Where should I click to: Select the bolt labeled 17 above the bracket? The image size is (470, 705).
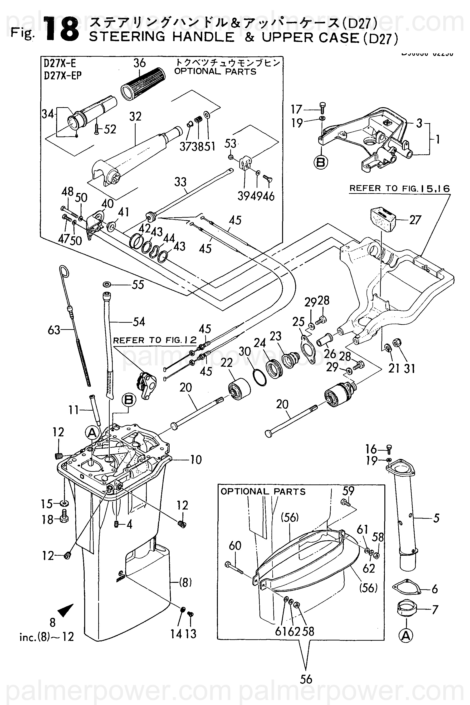tap(323, 107)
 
